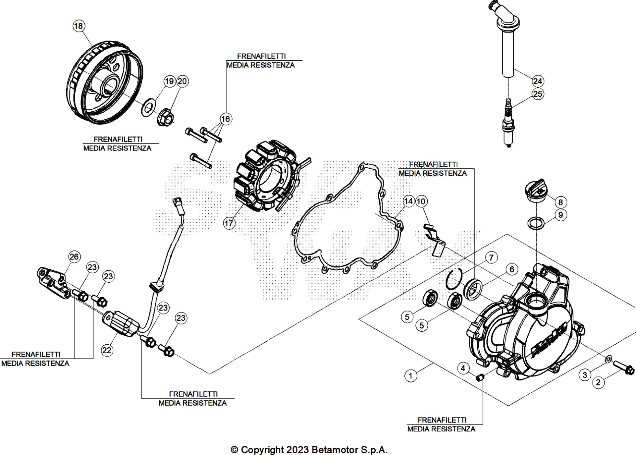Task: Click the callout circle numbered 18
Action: tap(79, 26)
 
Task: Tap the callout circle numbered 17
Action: tap(229, 223)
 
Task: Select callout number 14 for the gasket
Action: tap(408, 201)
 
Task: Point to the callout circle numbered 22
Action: tap(107, 350)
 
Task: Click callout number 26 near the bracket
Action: tap(74, 256)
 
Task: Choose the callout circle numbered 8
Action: tap(560, 202)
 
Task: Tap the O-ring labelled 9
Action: tap(536, 222)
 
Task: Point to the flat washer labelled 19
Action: tap(148, 106)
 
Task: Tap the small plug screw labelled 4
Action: tap(479, 377)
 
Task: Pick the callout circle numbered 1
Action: tap(411, 376)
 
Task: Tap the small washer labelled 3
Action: tap(608, 359)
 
